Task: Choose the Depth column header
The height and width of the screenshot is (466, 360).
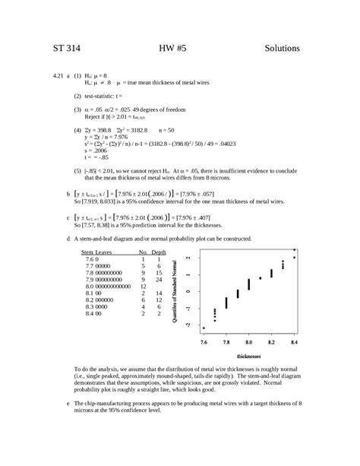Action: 159,251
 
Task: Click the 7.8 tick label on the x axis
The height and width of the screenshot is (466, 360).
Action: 226,343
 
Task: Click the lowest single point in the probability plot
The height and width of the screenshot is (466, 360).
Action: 204,328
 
